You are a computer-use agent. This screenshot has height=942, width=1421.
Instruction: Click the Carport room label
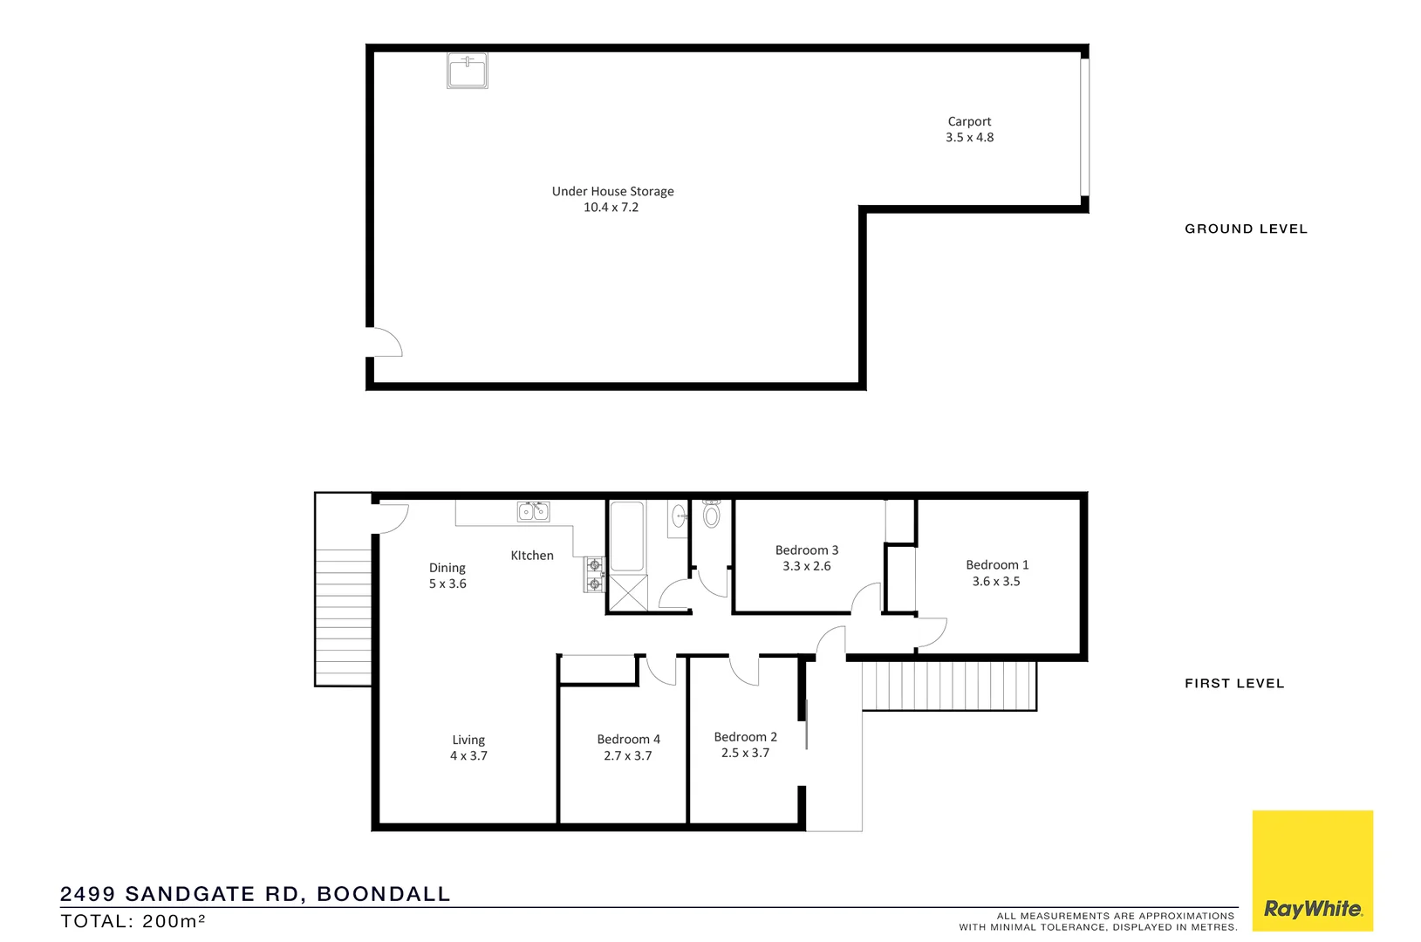(969, 122)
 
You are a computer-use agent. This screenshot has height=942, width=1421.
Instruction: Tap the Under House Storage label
(612, 192)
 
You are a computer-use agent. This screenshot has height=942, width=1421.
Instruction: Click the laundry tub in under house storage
(468, 71)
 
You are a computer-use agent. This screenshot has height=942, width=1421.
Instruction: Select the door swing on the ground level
(385, 343)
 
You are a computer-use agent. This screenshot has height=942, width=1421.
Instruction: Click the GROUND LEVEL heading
(1246, 229)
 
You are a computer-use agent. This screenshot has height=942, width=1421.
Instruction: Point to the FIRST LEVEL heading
(1233, 684)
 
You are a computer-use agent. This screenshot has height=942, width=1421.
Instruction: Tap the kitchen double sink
(533, 511)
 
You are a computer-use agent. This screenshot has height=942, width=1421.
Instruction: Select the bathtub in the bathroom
(626, 536)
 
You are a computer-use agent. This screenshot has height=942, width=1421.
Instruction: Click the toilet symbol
(712, 515)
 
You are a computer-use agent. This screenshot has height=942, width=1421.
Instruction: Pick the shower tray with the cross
(628, 592)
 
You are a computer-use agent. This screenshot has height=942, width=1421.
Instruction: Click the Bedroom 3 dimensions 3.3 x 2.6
(806, 566)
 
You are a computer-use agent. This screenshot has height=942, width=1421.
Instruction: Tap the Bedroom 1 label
(997, 565)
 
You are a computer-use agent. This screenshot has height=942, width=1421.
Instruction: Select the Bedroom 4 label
(628, 740)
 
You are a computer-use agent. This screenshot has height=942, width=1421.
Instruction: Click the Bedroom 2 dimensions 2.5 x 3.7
(745, 753)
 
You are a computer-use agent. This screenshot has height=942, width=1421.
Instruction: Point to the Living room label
(468, 741)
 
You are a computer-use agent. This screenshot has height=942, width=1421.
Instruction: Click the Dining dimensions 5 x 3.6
(447, 584)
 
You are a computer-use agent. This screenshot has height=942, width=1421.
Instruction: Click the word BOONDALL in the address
(383, 894)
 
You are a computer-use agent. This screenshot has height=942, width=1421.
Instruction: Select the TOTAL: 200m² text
(133, 921)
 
